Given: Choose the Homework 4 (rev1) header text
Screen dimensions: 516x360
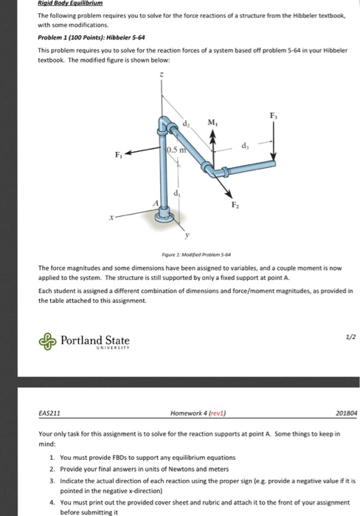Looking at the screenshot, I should tap(190, 414).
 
